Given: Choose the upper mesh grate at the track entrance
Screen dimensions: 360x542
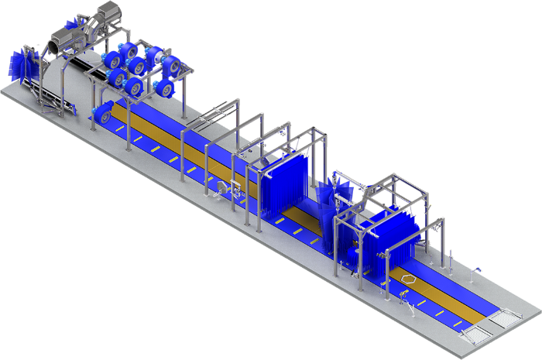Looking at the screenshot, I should click(503, 318).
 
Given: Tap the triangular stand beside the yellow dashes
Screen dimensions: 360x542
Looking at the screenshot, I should click(474, 272).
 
